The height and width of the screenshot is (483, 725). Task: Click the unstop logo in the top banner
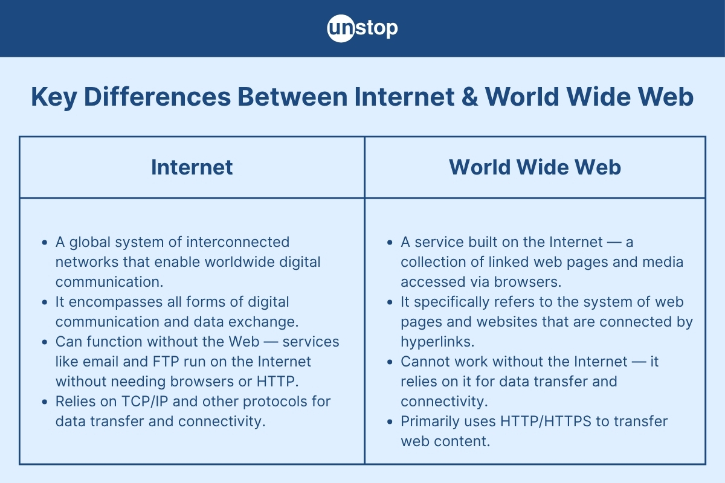tap(362, 28)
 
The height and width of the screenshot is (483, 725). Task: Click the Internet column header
tap(192, 167)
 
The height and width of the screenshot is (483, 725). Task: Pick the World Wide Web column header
tap(535, 167)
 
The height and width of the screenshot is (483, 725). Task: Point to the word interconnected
tap(237, 242)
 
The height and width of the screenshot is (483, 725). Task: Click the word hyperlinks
tap(437, 341)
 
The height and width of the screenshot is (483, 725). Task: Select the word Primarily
tap(430, 421)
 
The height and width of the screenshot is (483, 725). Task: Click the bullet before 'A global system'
tap(44, 243)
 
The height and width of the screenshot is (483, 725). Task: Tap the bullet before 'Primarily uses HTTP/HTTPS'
tap(390, 421)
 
